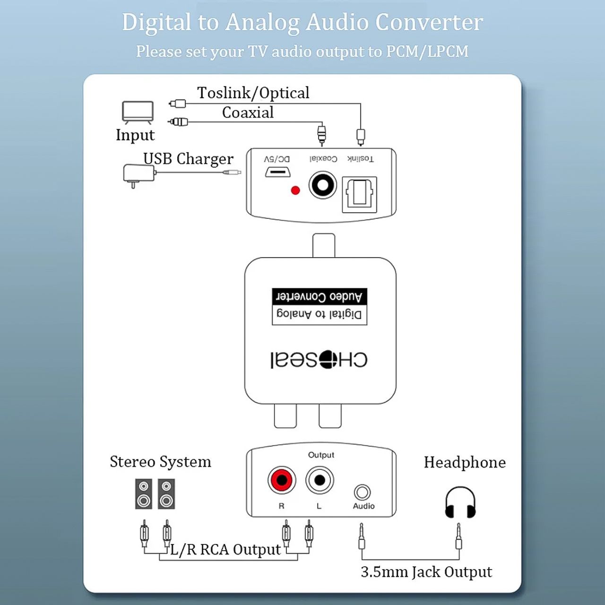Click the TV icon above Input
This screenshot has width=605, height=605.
point(138,112)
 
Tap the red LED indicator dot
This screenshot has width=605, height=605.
point(295,190)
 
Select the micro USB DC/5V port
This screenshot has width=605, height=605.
point(277,172)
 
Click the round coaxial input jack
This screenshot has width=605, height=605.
point(322,185)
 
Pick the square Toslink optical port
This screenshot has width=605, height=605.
point(359,195)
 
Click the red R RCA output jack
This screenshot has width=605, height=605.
point(282,480)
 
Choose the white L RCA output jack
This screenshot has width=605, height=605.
point(320,480)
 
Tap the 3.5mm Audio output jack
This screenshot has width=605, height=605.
point(363,493)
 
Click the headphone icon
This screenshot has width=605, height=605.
point(460,502)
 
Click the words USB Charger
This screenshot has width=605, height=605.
point(189,159)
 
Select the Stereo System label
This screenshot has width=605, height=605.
point(160,462)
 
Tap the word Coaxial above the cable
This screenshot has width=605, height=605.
point(248,112)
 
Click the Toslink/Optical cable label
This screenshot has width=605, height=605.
point(253,93)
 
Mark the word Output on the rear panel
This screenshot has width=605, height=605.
point(321,455)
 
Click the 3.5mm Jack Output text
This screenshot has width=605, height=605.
point(426,572)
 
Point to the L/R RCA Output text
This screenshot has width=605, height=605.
point(225,549)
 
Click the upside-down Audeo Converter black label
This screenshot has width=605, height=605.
point(320,297)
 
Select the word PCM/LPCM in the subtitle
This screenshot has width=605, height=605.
point(427,51)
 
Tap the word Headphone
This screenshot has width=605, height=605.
point(465,462)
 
